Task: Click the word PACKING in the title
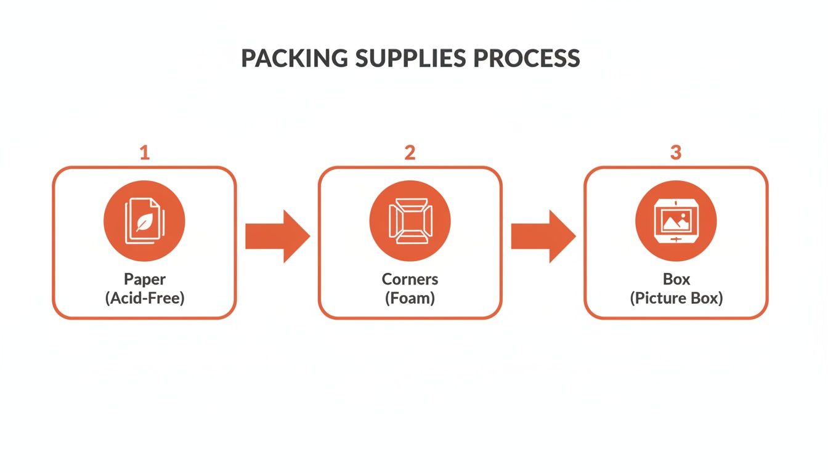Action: pyautogui.click(x=294, y=58)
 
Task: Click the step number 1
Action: pyautogui.click(x=144, y=152)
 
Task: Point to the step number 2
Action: pyautogui.click(x=410, y=152)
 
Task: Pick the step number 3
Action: pyautogui.click(x=676, y=152)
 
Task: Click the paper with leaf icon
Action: pyautogui.click(x=144, y=221)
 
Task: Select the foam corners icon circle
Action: pyautogui.click(x=410, y=221)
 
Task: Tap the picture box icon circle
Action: pyautogui.click(x=676, y=221)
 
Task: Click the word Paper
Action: pyautogui.click(x=144, y=279)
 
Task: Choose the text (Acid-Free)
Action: pyautogui.click(x=144, y=299)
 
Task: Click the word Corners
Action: pyautogui.click(x=410, y=279)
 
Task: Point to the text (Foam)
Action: pyautogui.click(x=410, y=299)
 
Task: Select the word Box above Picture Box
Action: pyautogui.click(x=676, y=279)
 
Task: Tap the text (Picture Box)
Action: pyautogui.click(x=676, y=299)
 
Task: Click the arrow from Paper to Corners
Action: pyautogui.click(x=277, y=236)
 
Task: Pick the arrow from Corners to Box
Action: pyautogui.click(x=543, y=236)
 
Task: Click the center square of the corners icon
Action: pyautogui.click(x=410, y=221)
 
